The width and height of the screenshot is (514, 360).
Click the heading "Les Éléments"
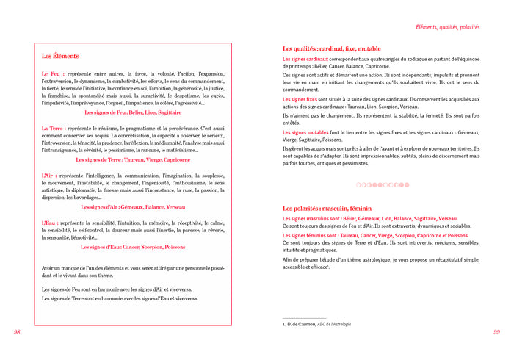60,56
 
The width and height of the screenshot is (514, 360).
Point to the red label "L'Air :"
51,176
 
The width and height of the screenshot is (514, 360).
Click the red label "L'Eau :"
51,222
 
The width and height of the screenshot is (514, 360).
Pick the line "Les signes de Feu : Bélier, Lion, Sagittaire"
133,112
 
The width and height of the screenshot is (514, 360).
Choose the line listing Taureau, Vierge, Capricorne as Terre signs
134,159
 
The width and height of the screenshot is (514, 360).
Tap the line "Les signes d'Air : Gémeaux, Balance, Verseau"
133,207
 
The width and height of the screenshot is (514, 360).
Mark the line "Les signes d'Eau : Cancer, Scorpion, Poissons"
133,247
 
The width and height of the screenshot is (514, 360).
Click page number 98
17,331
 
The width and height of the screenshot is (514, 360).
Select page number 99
496,331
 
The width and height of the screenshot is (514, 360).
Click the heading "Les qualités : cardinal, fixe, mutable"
337,48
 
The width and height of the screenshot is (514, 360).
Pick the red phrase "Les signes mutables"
305,132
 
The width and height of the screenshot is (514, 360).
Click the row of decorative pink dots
382,184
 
